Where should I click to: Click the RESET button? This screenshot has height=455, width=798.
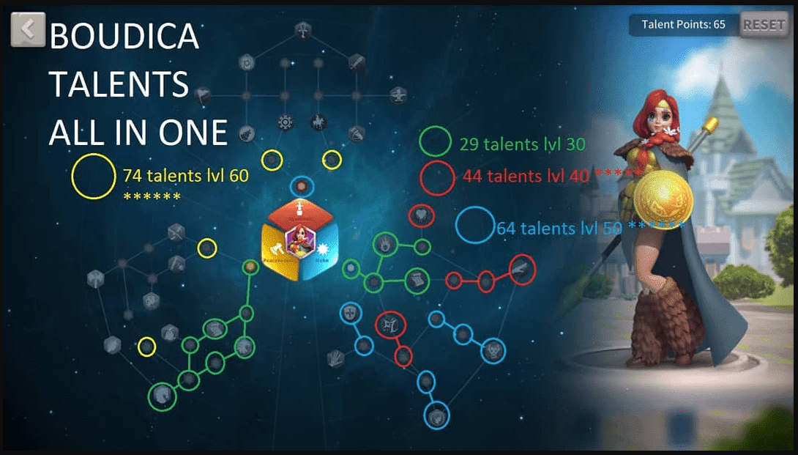764,25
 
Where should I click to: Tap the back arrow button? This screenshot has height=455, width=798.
28,29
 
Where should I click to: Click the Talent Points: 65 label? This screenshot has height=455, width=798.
683,25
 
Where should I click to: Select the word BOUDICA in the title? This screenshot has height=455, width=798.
124,37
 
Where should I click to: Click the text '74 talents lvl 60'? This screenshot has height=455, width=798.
185,176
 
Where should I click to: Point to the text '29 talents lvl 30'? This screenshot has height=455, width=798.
522,144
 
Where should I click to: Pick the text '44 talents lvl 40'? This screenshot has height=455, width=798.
525,176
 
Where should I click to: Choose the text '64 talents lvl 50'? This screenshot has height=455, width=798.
559,228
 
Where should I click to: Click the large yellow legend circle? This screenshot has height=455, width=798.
94,177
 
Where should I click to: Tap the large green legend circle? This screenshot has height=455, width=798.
436,143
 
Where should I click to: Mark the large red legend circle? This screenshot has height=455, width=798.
437,178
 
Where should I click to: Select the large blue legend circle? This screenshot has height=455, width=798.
474,226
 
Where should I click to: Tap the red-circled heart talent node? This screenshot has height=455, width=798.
422,215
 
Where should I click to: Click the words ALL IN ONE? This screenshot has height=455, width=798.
138,133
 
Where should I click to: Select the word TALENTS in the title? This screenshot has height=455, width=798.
119,86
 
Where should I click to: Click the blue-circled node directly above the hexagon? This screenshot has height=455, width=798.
301,186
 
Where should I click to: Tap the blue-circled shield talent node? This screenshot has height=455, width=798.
349,313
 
